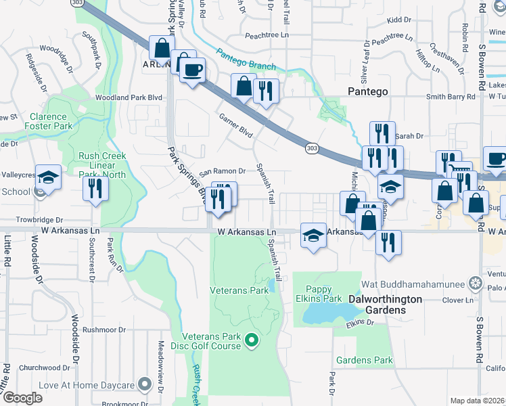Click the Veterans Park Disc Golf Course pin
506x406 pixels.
[252, 339]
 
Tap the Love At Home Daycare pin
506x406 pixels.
[143, 385]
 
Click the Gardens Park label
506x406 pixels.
[365, 361]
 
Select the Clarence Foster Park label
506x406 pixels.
[48, 122]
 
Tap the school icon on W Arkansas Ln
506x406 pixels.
[313, 236]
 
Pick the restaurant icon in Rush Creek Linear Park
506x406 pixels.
[95, 187]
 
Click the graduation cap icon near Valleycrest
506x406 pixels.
[48, 177]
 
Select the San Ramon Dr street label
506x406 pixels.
[216, 171]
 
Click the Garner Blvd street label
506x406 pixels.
[235, 126]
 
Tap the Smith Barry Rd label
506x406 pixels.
[451, 97]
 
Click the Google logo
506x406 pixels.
[22, 398]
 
